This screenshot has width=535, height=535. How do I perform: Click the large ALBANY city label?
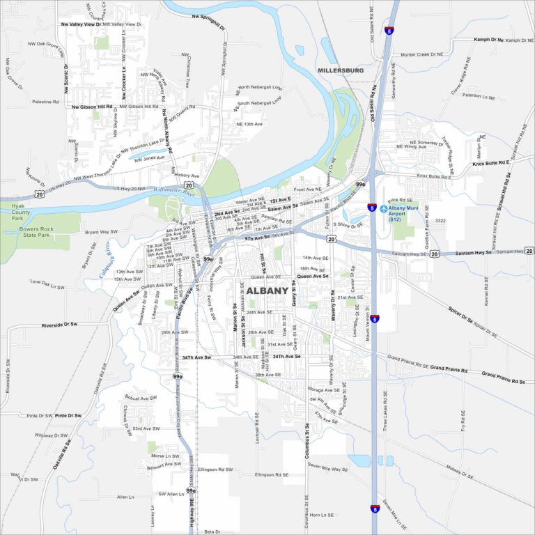[x=267, y=290]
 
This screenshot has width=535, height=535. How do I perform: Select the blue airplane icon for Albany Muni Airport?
[x=382, y=208]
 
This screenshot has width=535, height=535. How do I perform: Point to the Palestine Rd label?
[x=45, y=102]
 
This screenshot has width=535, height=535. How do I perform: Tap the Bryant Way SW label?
[x=101, y=231]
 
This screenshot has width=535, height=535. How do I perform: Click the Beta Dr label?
[x=212, y=531]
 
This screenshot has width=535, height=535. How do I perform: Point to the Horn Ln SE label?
[x=323, y=515]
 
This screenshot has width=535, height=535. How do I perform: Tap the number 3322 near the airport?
[x=440, y=220]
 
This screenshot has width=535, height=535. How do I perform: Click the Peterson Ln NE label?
[x=476, y=95]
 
